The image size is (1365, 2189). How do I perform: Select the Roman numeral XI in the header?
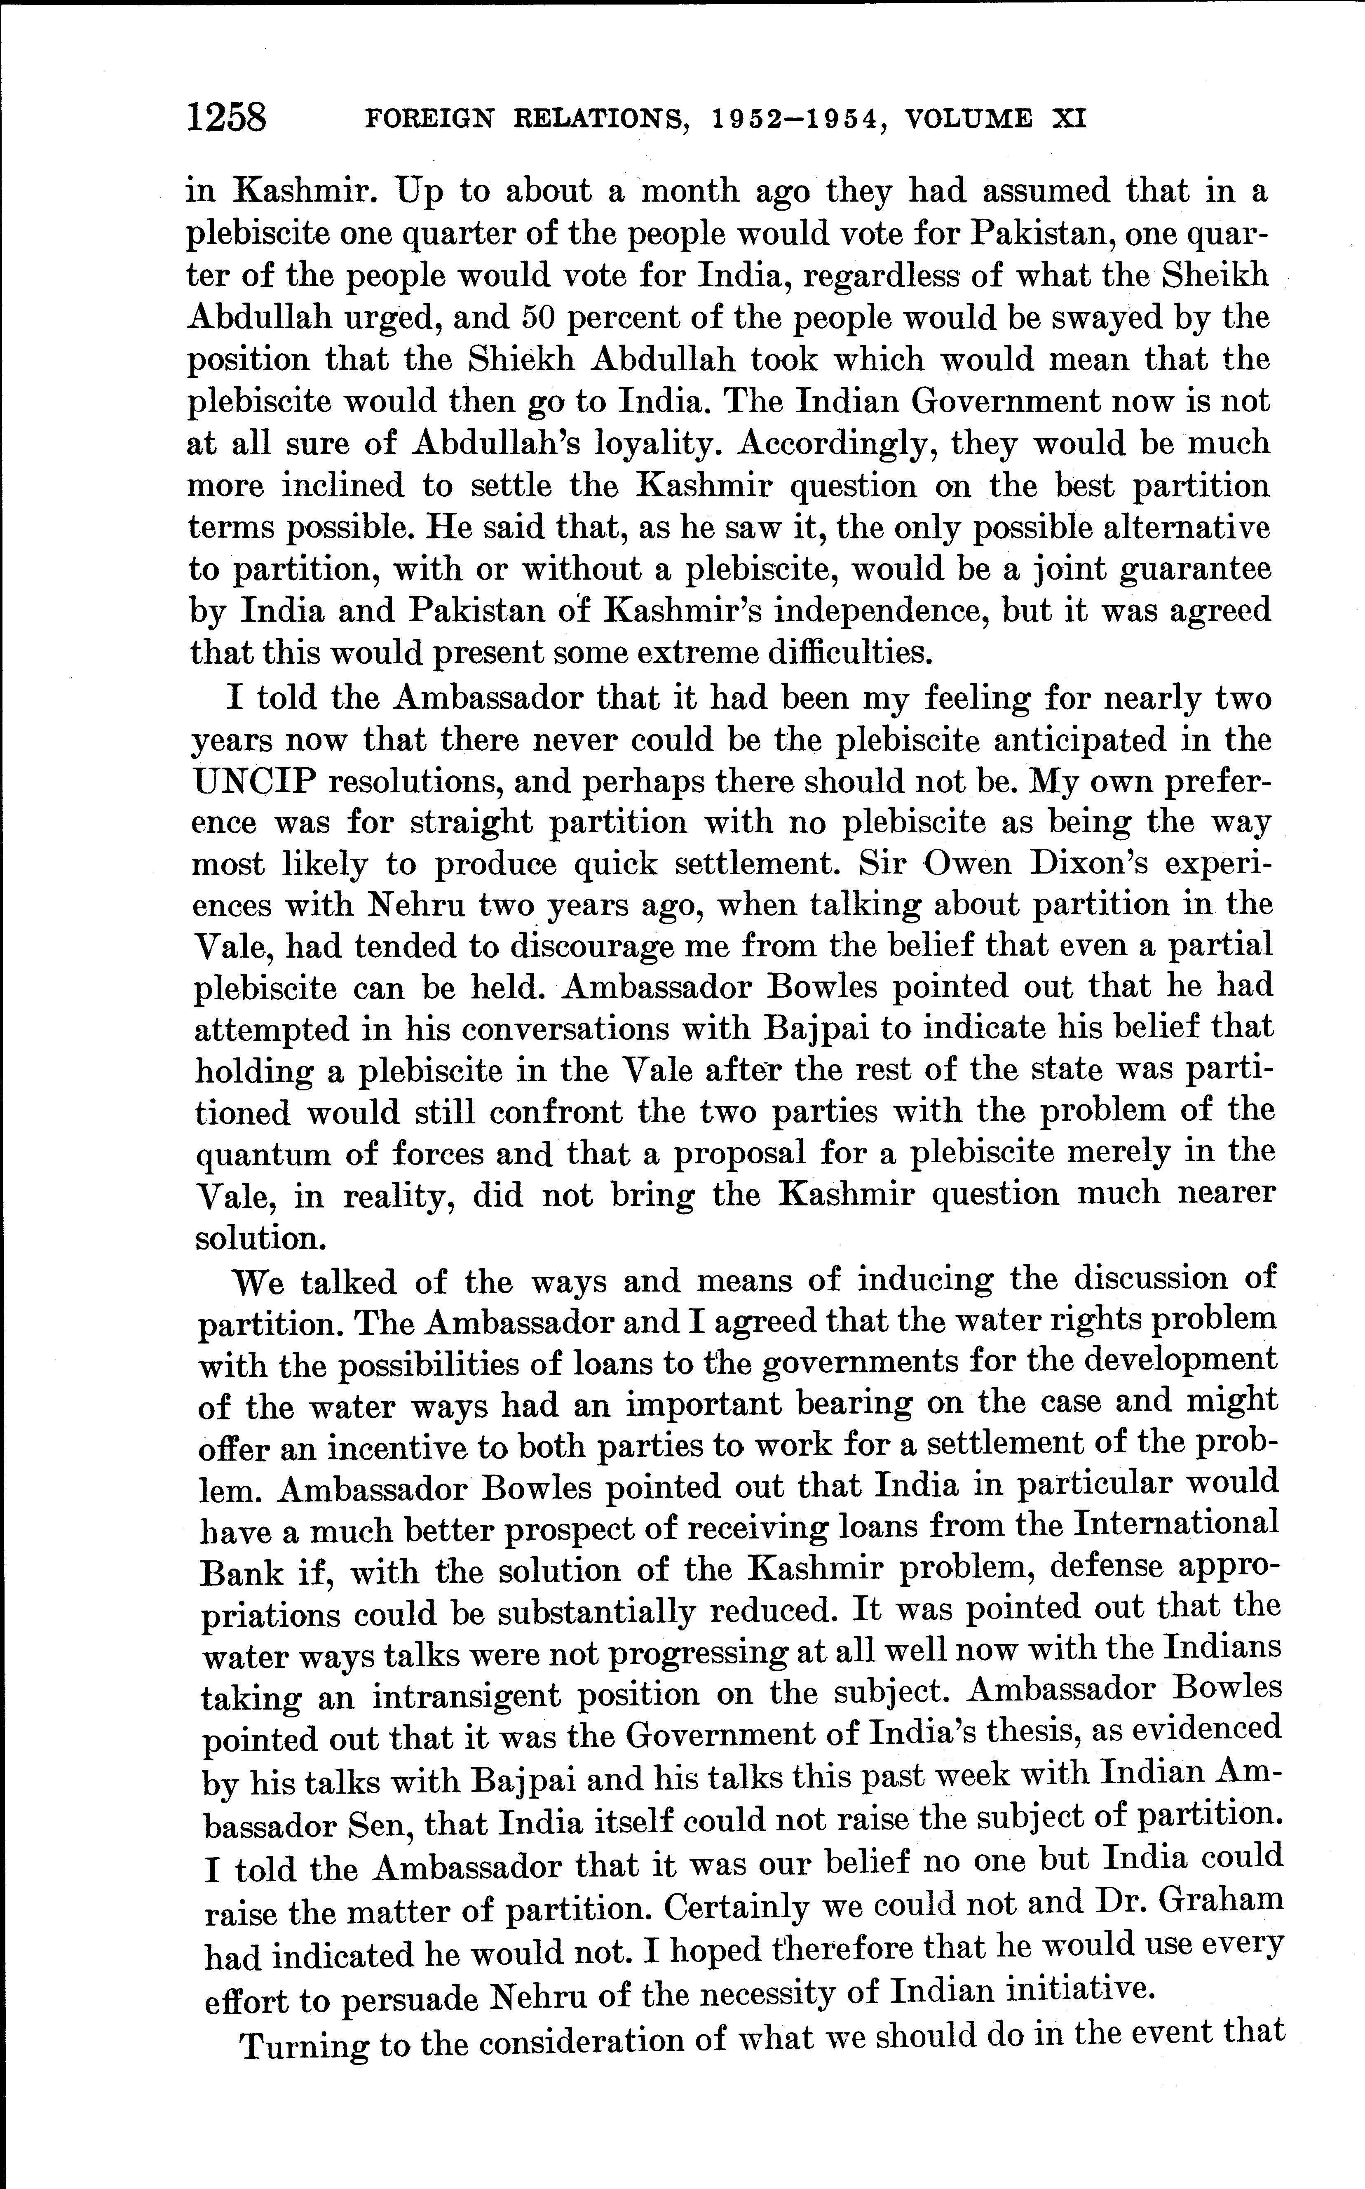tap(1069, 119)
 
